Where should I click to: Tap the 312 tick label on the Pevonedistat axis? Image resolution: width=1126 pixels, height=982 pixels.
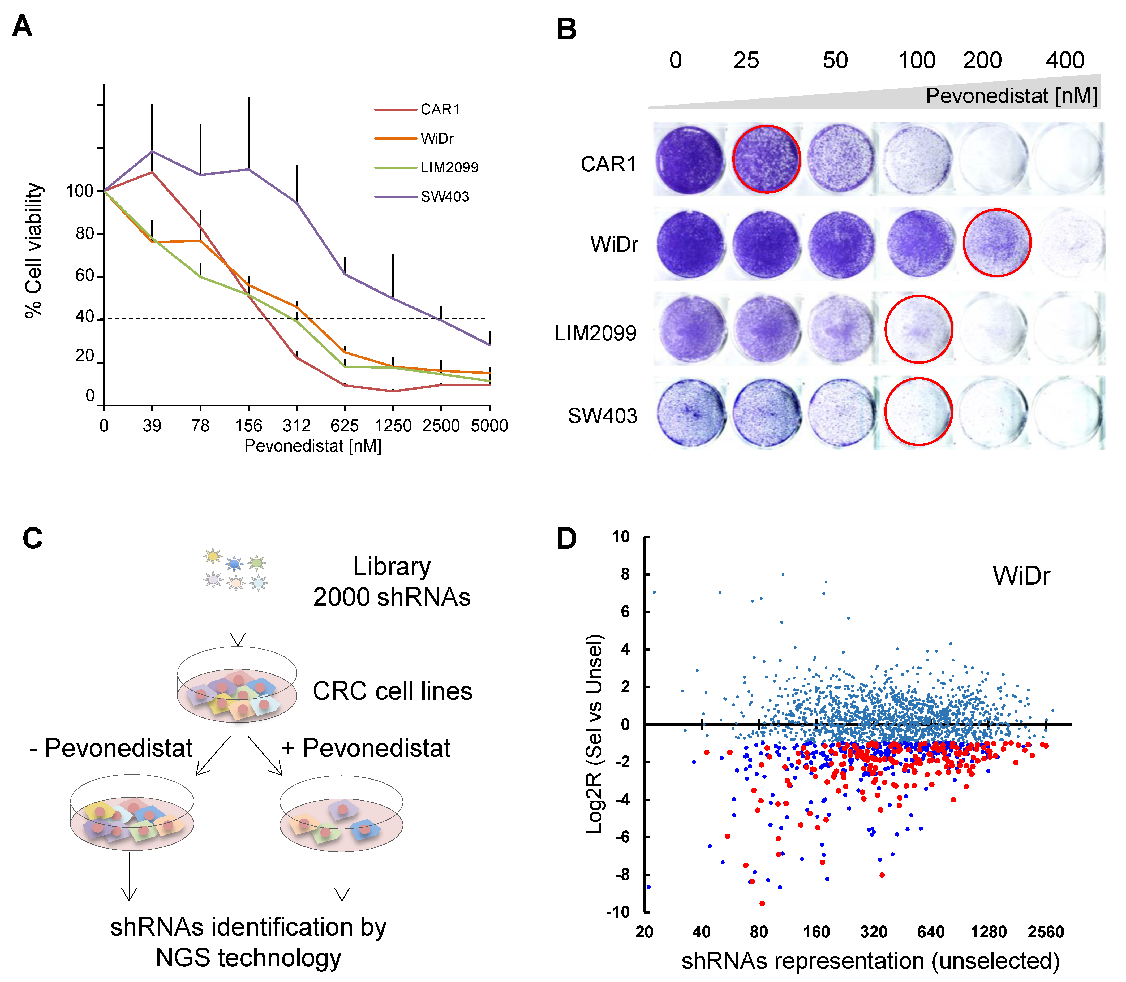296,426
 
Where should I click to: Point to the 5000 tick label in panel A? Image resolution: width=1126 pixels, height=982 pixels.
489,426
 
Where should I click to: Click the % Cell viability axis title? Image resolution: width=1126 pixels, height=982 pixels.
34,250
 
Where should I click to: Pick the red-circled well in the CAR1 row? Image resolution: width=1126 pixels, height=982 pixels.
766,159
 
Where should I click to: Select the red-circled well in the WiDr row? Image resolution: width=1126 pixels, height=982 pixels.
997,242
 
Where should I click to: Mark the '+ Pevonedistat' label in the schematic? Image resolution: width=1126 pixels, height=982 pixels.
366,748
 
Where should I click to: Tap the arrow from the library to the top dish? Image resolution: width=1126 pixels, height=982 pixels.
238,621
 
